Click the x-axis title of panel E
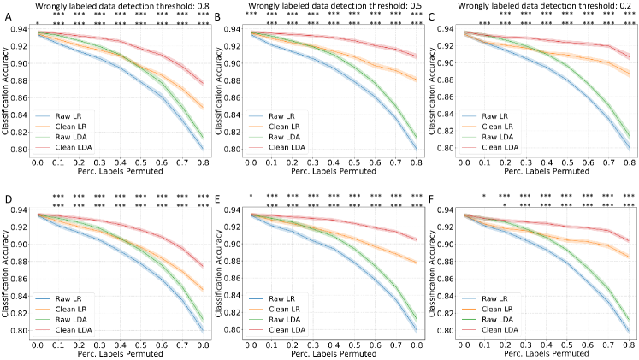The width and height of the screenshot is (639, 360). point(334,353)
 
